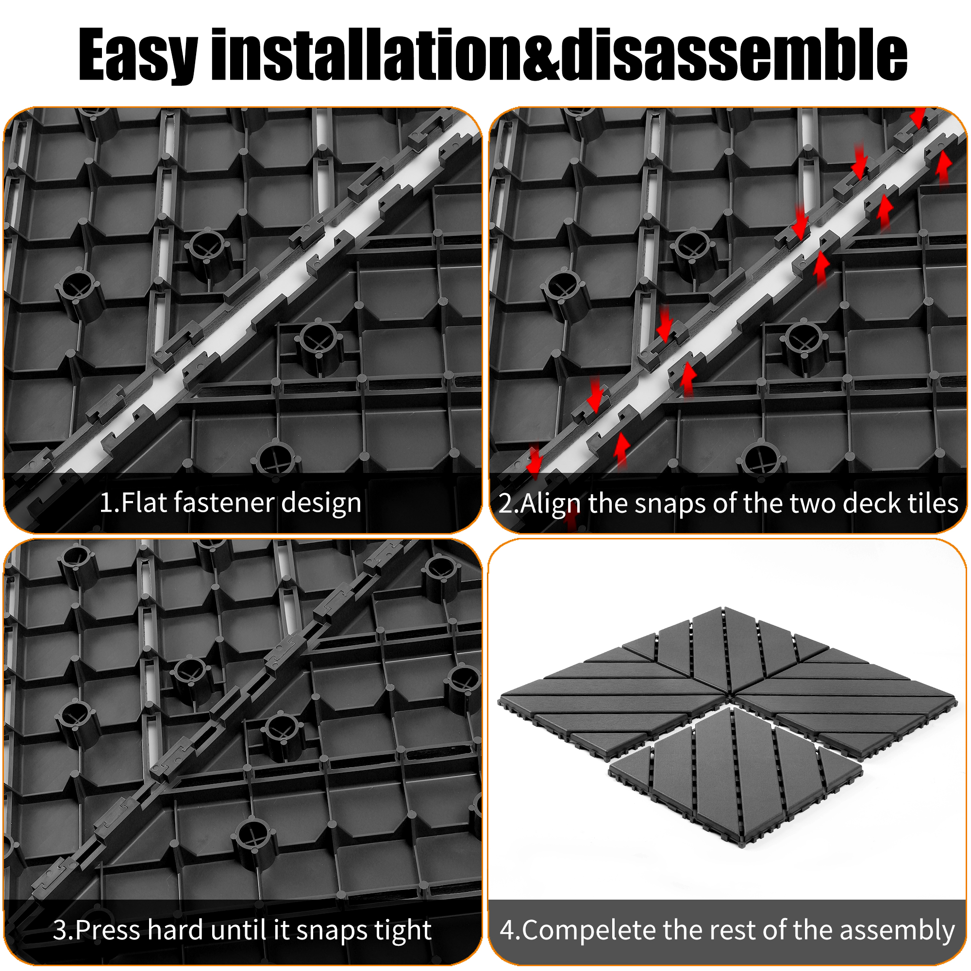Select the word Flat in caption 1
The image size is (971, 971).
[144, 502]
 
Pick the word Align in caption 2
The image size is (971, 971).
[551, 504]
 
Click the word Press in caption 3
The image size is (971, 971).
[108, 930]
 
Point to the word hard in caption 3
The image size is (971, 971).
[175, 930]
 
